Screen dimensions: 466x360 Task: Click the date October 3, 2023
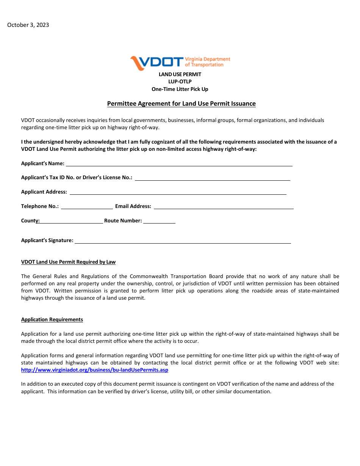(28, 25)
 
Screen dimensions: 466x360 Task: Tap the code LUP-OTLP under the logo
(180, 82)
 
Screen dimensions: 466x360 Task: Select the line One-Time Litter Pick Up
(180, 89)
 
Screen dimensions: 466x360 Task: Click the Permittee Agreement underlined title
(181, 104)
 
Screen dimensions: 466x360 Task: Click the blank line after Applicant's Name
(179, 164)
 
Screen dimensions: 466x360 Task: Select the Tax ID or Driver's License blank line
(212, 178)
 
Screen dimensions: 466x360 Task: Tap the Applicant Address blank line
(178, 192)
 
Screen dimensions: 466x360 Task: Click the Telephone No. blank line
(87, 206)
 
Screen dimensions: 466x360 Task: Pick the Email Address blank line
(223, 206)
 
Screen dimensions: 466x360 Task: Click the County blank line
(71, 221)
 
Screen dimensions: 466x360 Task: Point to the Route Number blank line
(159, 221)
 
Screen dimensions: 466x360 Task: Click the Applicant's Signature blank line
(183, 241)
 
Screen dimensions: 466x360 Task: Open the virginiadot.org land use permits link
(95, 370)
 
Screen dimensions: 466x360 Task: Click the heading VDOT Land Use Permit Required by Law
(68, 262)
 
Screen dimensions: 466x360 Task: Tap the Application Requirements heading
(52, 320)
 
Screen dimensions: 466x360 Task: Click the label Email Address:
(133, 206)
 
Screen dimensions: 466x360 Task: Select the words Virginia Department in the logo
(207, 59)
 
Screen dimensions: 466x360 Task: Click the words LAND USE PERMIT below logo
(180, 75)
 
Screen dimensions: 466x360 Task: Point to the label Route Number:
(123, 221)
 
